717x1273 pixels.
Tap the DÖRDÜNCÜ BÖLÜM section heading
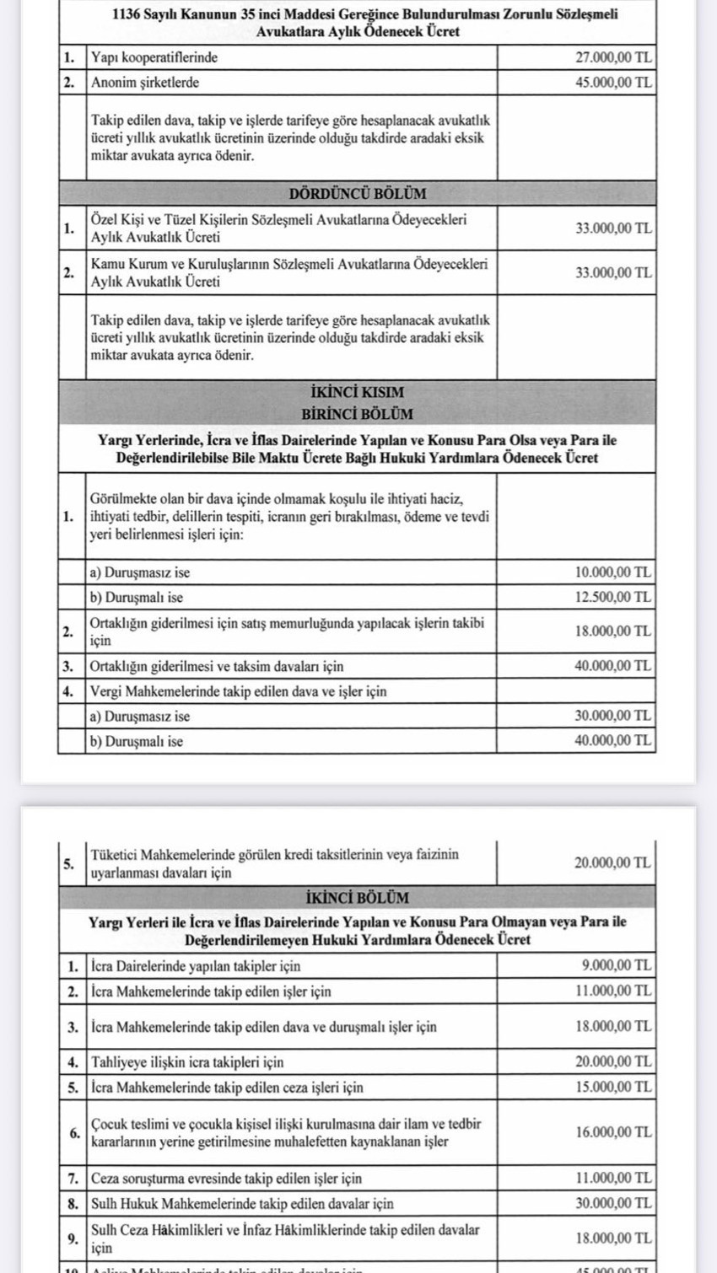[358, 193]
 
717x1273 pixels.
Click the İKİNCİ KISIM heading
[358, 392]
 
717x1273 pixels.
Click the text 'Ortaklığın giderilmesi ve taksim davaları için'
[217, 666]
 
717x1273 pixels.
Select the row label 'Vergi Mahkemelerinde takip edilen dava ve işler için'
[239, 691]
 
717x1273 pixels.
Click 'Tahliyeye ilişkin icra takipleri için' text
[187, 1062]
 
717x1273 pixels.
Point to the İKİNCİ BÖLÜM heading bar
[358, 897]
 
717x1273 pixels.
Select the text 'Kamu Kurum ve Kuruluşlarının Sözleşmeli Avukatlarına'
[288, 264]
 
